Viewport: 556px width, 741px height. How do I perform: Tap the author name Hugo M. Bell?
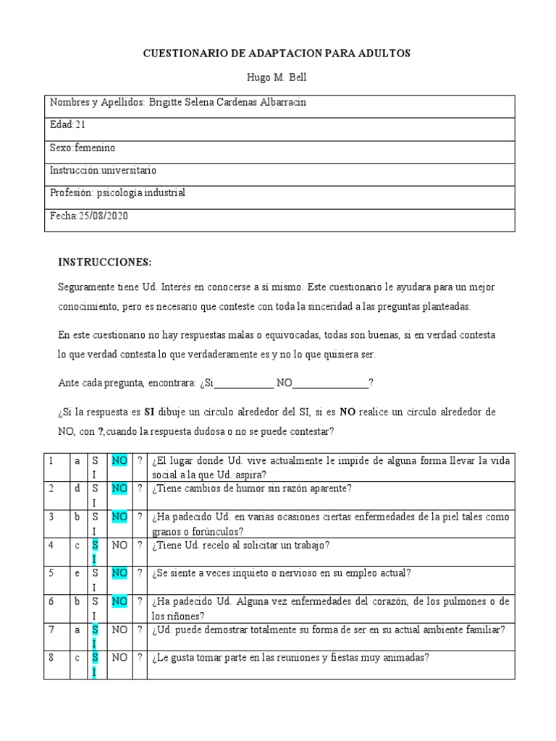pyautogui.click(x=278, y=78)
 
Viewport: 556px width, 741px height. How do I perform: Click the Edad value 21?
pyautogui.click(x=80, y=125)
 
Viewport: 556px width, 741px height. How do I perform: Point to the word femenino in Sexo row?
pyautogui.click(x=95, y=148)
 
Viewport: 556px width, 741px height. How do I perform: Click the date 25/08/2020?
pyautogui.click(x=103, y=216)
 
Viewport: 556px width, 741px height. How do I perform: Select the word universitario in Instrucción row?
pyautogui.click(x=129, y=171)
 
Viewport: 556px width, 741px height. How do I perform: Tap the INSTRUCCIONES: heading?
pyautogui.click(x=104, y=261)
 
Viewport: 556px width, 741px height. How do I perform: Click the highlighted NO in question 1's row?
pyautogui.click(x=119, y=461)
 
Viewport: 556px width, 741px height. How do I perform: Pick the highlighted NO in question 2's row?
pyautogui.click(x=119, y=488)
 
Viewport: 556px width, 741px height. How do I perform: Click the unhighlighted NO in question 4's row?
pyautogui.click(x=119, y=545)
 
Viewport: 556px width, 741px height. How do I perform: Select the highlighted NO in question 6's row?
pyautogui.click(x=119, y=601)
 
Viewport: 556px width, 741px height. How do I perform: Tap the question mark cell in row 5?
pyautogui.click(x=140, y=573)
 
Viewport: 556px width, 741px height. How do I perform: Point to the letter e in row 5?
pyautogui.click(x=77, y=573)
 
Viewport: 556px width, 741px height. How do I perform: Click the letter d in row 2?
pyautogui.click(x=77, y=488)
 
